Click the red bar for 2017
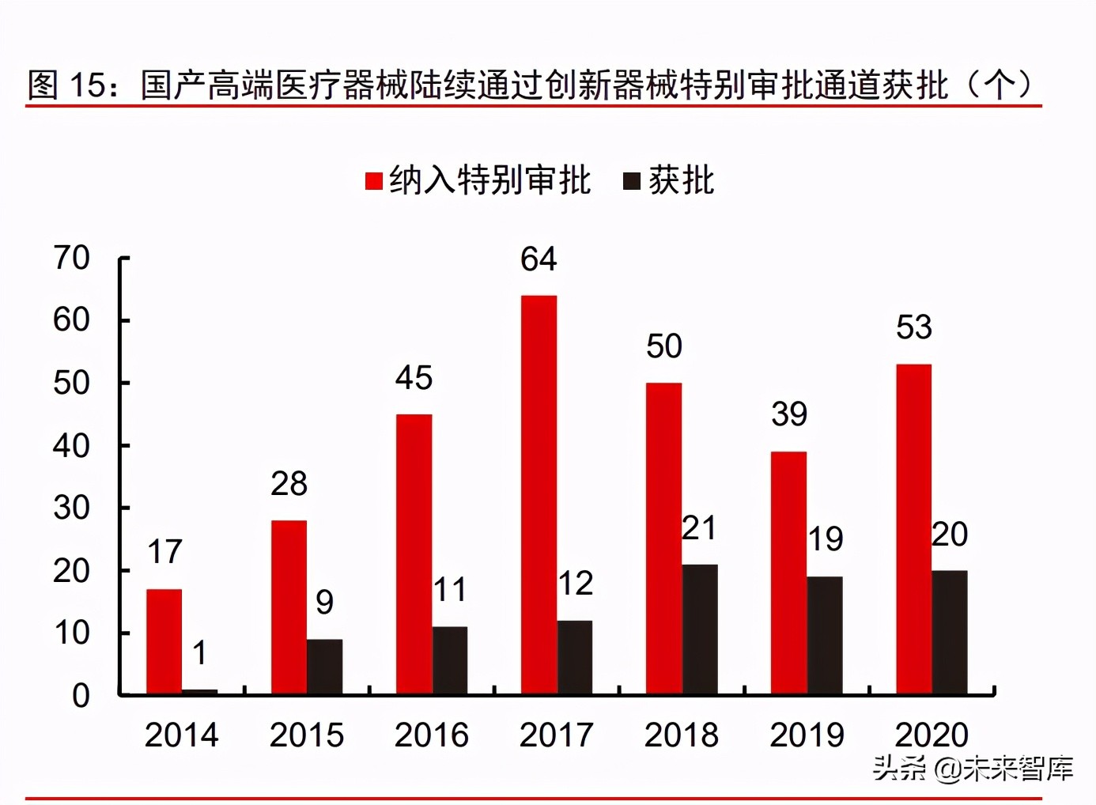539,495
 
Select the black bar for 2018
700,629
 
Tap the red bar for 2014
164,641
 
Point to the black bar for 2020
949,632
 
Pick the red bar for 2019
788,573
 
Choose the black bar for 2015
324,667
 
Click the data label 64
539,259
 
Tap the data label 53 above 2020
913,327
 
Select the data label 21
699,528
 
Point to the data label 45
414,378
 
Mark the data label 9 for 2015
324,603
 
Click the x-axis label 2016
431,735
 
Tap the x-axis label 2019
807,735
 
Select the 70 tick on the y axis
71,258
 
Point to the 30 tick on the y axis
71,508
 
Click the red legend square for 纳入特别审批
373,181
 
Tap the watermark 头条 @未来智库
973,768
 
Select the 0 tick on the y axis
81,696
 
